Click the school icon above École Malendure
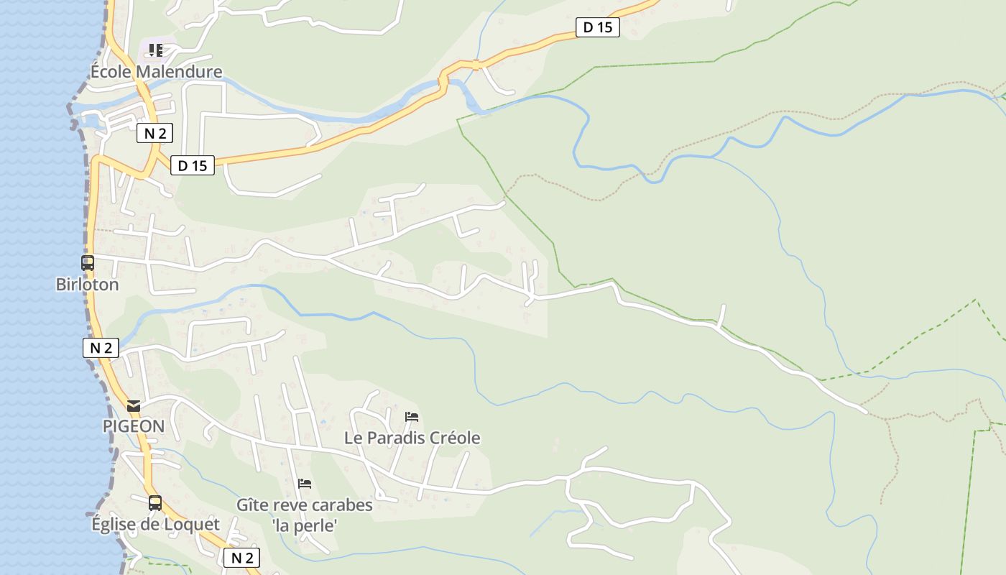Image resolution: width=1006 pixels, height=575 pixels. pyautogui.click(x=156, y=50)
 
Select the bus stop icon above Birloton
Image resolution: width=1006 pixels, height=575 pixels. pyautogui.click(x=88, y=263)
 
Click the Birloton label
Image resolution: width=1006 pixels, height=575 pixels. pyautogui.click(x=87, y=285)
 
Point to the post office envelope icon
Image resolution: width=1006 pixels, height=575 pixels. pyautogui.click(x=134, y=406)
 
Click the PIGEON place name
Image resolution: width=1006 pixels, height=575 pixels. pyautogui.click(x=134, y=426)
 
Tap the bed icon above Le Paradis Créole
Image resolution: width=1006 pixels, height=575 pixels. pyautogui.click(x=412, y=417)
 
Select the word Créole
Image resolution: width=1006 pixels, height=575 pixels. pyautogui.click(x=454, y=438)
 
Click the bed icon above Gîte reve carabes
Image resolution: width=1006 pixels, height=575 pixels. pyautogui.click(x=305, y=484)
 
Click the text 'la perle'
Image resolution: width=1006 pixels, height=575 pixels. pyautogui.click(x=305, y=526)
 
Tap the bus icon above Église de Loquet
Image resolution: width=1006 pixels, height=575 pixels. pyautogui.click(x=155, y=503)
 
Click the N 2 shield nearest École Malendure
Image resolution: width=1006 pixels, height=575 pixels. pyautogui.click(x=155, y=133)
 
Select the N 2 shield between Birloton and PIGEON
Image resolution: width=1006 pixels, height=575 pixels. pyautogui.click(x=101, y=349)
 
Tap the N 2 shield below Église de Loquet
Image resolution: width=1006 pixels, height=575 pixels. pyautogui.click(x=241, y=558)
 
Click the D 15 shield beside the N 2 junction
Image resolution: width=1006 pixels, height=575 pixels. pyautogui.click(x=193, y=166)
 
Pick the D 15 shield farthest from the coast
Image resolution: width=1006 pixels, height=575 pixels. pyautogui.click(x=598, y=28)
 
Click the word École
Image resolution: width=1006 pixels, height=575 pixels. pyautogui.click(x=111, y=72)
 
